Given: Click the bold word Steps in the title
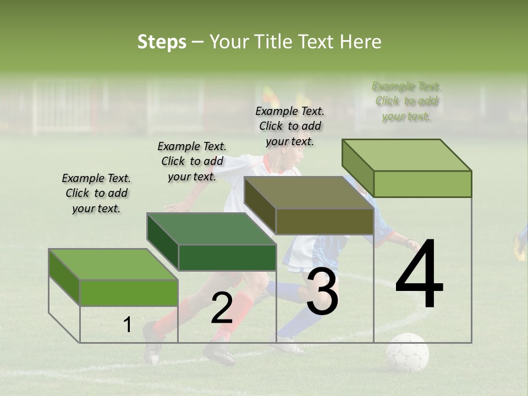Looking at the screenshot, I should click(162, 42).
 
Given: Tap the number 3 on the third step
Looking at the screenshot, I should click(322, 291).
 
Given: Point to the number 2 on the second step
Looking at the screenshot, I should click(222, 308).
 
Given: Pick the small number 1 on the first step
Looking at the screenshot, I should click(128, 324).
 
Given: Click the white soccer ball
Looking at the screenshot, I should click(407, 351).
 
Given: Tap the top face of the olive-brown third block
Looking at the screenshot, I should click(309, 193).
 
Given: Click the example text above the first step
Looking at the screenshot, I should click(96, 193).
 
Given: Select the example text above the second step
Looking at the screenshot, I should click(192, 161).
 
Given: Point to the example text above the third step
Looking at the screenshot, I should click(290, 126).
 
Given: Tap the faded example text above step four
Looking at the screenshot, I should click(406, 101).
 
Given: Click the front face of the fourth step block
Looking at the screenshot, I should click(422, 184).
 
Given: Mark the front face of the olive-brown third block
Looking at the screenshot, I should click(324, 222).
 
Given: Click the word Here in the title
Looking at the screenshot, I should click(361, 42).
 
